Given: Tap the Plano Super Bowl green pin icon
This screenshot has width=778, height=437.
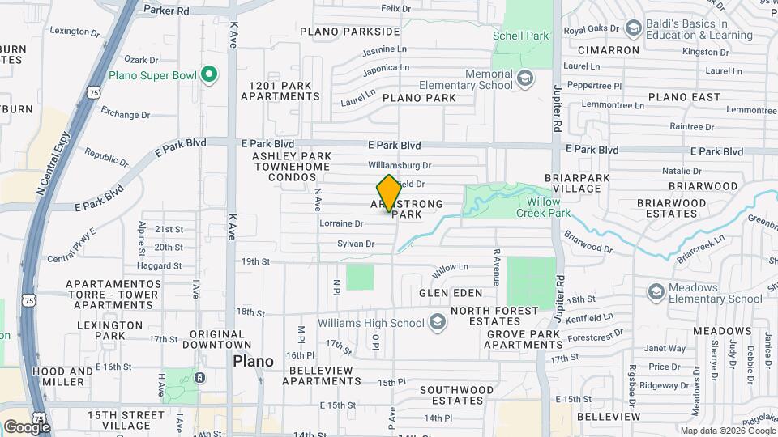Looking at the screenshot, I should click(x=208, y=75).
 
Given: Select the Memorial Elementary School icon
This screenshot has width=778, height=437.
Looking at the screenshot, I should click(x=525, y=78).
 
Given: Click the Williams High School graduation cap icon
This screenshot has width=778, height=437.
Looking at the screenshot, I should click(x=438, y=323).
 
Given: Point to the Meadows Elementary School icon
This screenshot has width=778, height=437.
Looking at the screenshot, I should click(x=655, y=291).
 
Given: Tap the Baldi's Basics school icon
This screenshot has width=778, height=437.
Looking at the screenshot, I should click(x=632, y=30).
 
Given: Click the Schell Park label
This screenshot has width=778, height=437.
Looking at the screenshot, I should click(x=520, y=36).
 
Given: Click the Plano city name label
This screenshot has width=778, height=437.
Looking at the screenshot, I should click(x=253, y=361).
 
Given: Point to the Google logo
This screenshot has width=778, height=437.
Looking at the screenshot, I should click(x=27, y=426).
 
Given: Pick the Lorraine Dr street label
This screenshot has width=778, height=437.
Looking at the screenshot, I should click(x=341, y=223).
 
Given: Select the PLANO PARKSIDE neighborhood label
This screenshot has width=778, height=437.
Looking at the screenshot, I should click(x=349, y=32).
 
